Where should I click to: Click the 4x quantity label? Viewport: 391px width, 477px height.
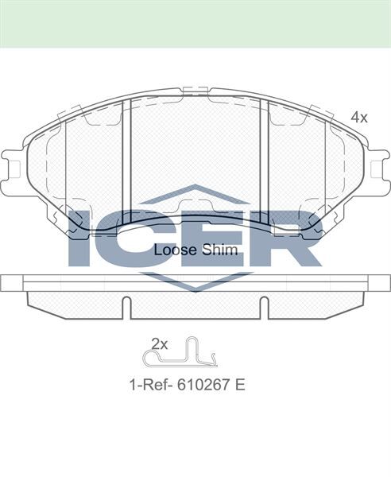coord(359,117)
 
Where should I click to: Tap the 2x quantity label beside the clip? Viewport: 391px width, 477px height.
coord(160,344)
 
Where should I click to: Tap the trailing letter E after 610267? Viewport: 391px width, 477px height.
coord(240,385)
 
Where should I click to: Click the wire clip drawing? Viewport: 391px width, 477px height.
coord(180,353)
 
